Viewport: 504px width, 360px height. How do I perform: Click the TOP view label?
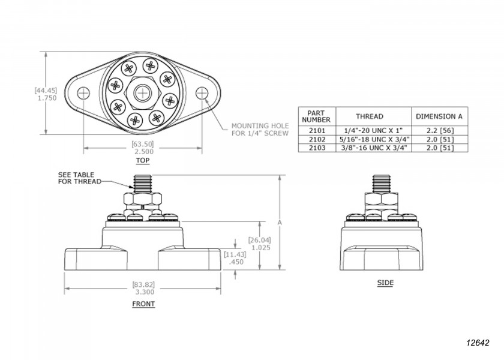(x=142, y=161)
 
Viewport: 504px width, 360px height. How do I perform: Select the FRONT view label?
(x=143, y=304)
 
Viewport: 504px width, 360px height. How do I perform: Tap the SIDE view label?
(x=385, y=283)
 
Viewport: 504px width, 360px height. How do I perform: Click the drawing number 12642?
(x=478, y=343)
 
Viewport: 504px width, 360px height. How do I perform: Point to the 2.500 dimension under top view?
(x=142, y=152)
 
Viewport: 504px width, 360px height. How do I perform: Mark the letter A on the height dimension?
(x=280, y=223)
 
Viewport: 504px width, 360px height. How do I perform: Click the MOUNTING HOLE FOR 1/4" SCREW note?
(x=260, y=130)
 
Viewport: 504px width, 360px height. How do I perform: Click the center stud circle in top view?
(x=142, y=93)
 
